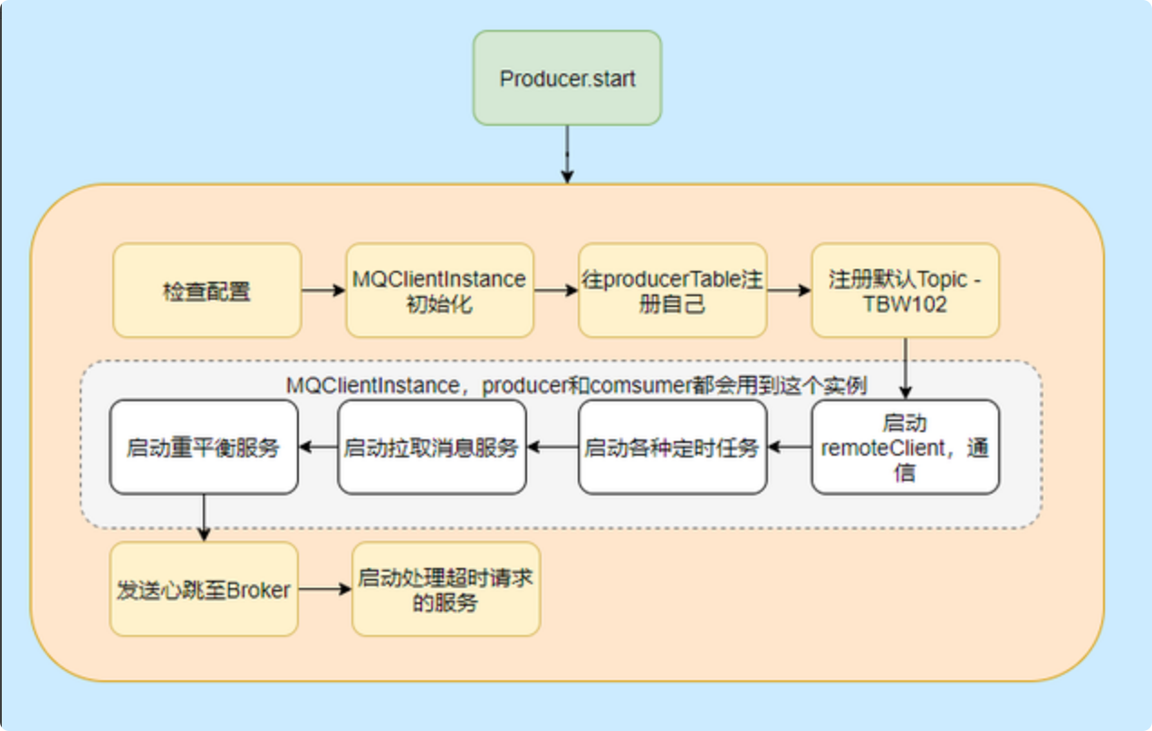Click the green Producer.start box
[567, 78]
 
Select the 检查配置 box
[206, 290]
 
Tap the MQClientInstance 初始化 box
[440, 290]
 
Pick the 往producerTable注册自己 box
[673, 290]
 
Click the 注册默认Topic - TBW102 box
[906, 290]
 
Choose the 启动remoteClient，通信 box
[906, 447]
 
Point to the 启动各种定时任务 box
[673, 447]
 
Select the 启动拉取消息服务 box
[432, 447]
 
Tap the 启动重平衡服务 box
[204, 447]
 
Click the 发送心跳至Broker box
[204, 589]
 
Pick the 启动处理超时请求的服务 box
[446, 589]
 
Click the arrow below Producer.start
[567, 154]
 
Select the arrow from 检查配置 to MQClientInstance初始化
[323, 290]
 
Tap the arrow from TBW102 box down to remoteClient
[906, 369]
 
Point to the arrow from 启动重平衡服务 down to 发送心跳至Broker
[204, 518]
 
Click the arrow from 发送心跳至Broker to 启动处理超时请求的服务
[325, 589]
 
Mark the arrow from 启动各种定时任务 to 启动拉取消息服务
[552, 447]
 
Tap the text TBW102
[905, 304]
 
